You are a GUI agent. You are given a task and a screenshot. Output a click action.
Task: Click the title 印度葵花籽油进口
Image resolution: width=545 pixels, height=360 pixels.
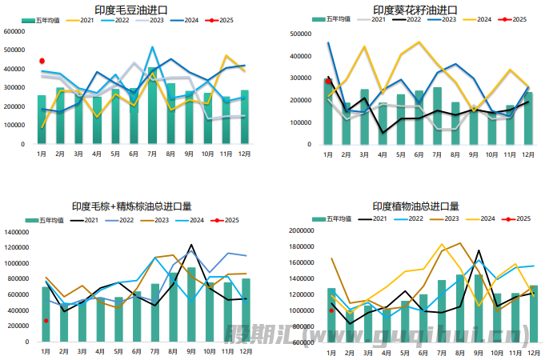coord(415,9)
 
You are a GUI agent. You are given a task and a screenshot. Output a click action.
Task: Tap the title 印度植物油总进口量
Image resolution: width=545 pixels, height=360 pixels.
coord(415,206)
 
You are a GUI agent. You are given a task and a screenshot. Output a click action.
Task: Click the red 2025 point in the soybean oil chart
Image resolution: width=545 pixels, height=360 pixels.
coord(42,61)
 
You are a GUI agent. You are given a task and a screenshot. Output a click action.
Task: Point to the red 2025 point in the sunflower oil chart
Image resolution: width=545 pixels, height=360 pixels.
coord(328,81)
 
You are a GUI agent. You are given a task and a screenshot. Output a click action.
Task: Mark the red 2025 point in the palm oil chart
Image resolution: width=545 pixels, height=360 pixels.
coord(46,321)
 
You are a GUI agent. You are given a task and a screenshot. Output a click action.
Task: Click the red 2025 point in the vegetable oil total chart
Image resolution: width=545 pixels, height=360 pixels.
coord(331,311)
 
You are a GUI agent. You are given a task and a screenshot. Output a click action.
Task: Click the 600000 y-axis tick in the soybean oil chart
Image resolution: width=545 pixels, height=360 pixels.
coord(14,32)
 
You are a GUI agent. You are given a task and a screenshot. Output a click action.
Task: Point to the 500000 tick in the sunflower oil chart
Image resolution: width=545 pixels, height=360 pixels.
coord(300,34)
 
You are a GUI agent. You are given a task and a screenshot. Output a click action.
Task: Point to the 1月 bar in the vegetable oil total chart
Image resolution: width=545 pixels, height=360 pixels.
coord(331,316)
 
